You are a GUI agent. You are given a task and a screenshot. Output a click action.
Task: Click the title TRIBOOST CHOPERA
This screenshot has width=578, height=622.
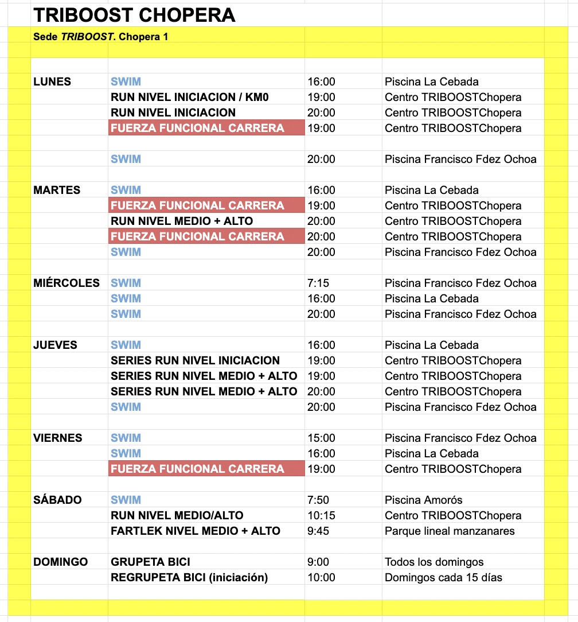pos(134,15)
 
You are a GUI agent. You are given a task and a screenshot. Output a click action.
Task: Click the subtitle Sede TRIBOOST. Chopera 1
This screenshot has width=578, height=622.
pos(100,37)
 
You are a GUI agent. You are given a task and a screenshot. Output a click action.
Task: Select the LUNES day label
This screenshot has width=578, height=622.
pos(52,81)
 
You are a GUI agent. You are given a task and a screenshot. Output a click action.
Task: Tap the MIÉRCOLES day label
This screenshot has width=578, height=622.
pos(67,283)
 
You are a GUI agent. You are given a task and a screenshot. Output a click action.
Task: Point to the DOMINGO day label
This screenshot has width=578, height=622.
pos(61,562)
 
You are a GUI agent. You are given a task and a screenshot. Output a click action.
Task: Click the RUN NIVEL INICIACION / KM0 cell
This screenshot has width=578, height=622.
pos(190,97)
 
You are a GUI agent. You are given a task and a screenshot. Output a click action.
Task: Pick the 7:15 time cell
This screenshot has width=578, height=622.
pos(318,283)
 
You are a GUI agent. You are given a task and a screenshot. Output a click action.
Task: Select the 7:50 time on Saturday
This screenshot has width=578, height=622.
pos(318,500)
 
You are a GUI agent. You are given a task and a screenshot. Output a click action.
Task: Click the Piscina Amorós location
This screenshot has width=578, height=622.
pos(424,500)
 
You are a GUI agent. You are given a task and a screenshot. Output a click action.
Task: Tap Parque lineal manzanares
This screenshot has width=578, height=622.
pos(450,531)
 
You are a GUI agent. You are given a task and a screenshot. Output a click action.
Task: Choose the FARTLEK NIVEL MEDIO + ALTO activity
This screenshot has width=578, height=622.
pos(196,531)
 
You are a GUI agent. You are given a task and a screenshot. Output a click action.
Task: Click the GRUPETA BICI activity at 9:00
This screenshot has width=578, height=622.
pos(150,562)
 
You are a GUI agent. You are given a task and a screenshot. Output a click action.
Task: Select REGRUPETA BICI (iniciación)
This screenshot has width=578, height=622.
pos(189,577)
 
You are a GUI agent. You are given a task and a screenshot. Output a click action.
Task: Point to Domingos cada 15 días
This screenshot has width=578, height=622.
pos(443,577)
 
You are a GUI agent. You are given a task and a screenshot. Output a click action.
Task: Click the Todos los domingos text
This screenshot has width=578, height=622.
pos(434,562)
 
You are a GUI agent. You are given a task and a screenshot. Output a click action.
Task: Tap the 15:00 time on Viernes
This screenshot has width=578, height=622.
pos(321,438)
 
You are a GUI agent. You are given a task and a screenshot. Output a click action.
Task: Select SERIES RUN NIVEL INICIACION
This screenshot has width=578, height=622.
pos(195,360)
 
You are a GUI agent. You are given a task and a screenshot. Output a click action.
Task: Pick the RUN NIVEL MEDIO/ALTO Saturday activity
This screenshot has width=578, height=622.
pos(177,515)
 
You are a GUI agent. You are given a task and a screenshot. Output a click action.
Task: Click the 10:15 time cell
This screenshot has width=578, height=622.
pos(321,515)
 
